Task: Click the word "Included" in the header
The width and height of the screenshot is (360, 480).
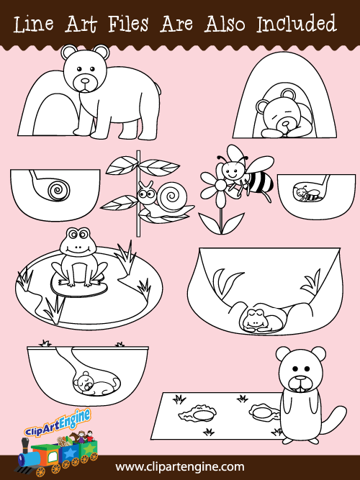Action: coord(296,24)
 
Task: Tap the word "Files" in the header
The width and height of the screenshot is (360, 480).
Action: coord(128,24)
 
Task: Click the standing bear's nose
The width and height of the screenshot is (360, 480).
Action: coord(85,81)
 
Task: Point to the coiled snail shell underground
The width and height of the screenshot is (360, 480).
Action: coord(58,190)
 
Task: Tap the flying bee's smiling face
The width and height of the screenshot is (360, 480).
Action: coord(231,171)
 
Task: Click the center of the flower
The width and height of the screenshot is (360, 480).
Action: coord(220,186)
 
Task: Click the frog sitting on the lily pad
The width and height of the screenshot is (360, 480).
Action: coord(78,258)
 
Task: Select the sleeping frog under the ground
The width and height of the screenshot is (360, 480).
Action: coord(261,320)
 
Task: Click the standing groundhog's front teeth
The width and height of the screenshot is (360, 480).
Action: coord(301,389)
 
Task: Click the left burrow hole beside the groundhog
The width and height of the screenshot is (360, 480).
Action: coord(198,415)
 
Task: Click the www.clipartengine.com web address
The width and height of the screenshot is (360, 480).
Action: coord(180,468)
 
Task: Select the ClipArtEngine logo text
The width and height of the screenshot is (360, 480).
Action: coord(58,422)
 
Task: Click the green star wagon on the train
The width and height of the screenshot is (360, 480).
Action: coord(89,450)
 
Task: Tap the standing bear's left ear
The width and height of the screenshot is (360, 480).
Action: coord(69,53)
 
